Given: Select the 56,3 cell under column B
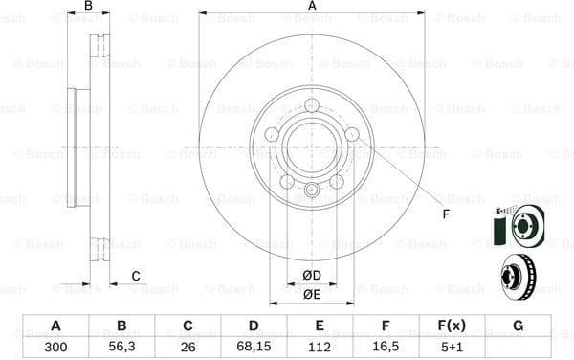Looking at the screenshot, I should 121,348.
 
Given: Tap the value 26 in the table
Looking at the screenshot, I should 188,348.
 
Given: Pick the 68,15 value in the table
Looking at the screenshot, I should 254,348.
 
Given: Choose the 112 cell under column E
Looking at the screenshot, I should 320,348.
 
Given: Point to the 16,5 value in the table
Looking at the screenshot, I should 386,348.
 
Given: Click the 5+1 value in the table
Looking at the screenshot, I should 452,348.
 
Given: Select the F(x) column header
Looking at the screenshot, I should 452,326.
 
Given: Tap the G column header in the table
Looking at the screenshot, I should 518,326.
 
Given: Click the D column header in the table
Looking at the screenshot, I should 254,326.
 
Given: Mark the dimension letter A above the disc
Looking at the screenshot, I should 312,7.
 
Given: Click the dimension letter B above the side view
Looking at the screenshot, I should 88,7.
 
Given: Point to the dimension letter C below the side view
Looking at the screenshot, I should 136,277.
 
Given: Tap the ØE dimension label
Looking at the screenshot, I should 311,294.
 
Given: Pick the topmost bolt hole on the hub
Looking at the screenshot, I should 312,106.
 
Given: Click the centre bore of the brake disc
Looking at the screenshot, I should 312,147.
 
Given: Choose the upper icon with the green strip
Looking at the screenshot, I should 517,227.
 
